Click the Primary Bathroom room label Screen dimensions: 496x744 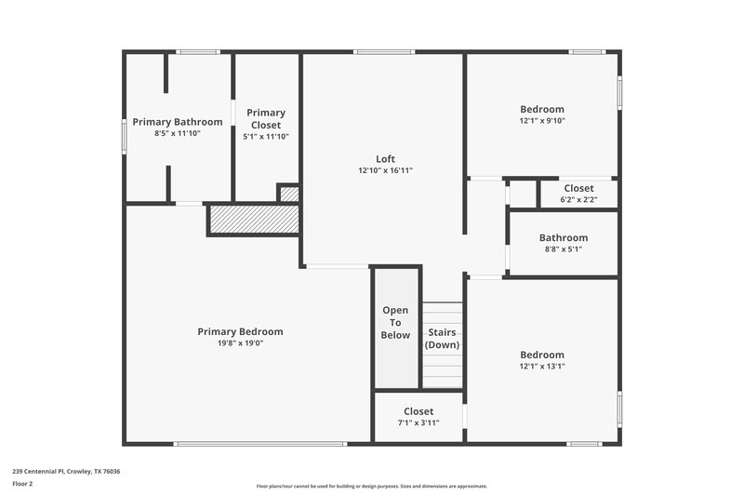(178, 122)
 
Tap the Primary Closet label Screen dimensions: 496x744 (266, 118)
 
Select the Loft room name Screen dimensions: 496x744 (385, 159)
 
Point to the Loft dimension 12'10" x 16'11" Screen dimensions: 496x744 (385, 170)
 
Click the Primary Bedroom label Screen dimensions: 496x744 (240, 331)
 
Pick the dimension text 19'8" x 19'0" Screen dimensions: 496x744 (240, 343)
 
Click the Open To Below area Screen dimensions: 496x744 (396, 322)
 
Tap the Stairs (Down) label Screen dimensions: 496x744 (443, 338)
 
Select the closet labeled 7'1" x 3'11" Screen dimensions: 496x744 (418, 417)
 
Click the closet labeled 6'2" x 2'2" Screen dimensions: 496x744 (578, 194)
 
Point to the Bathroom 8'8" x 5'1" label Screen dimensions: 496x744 (564, 243)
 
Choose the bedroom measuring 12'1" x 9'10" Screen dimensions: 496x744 (542, 114)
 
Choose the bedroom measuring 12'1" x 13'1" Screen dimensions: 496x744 (542, 360)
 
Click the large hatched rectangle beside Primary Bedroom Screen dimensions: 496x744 (253, 220)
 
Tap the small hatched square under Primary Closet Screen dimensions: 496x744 (289, 194)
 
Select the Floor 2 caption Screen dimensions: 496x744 (23, 484)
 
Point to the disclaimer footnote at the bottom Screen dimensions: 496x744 (371, 486)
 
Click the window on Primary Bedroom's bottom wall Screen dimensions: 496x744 (260, 444)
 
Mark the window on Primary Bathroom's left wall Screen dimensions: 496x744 (125, 134)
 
